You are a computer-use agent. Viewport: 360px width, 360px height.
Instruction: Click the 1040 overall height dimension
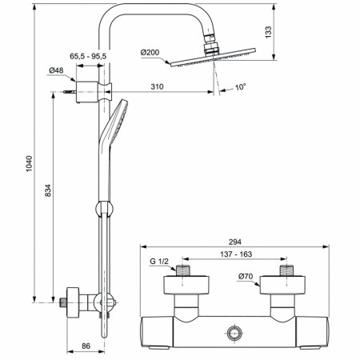click(x=29, y=163)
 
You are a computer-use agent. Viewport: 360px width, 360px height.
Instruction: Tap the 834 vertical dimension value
click(x=48, y=190)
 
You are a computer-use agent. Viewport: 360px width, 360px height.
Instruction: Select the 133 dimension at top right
click(x=268, y=32)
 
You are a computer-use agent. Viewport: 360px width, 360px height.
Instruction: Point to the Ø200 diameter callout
click(x=150, y=52)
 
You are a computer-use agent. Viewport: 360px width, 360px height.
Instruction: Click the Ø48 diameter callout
click(x=56, y=70)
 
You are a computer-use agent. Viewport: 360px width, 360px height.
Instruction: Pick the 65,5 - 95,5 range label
click(x=88, y=56)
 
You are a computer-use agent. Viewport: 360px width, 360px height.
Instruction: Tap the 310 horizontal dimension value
click(x=157, y=86)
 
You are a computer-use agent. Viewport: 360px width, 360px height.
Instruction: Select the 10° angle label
click(x=240, y=87)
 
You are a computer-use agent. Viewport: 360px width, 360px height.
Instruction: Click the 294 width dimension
click(x=234, y=242)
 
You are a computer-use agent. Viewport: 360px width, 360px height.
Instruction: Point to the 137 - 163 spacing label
click(x=236, y=254)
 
